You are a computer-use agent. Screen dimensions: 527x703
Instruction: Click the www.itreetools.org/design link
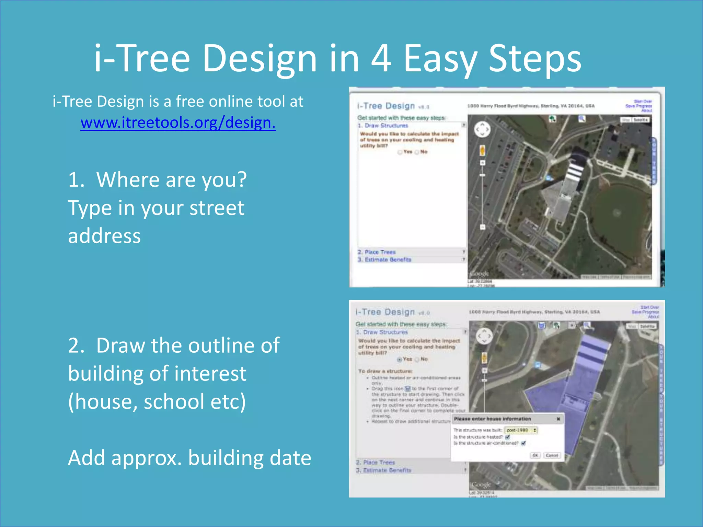[178, 122]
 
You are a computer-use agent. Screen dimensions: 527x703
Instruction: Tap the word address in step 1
[104, 236]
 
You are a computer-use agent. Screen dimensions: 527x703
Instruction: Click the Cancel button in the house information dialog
[552, 455]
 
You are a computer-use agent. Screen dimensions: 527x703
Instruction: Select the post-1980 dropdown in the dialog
[521, 430]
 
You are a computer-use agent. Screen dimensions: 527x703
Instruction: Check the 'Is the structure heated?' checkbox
[508, 437]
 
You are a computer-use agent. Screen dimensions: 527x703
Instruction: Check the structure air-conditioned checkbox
[523, 443]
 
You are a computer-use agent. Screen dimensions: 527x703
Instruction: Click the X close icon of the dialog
[558, 419]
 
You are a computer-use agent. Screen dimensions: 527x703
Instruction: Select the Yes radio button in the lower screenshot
[400, 360]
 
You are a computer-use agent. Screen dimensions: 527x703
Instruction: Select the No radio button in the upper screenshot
[417, 152]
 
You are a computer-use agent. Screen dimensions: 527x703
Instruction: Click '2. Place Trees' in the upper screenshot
[380, 252]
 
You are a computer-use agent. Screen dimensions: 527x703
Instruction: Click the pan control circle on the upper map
[482, 129]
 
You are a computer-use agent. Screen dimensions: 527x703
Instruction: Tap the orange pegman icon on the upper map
[482, 150]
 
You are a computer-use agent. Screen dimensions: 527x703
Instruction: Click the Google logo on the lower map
[481, 485]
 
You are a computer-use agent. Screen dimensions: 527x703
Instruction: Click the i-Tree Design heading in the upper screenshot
[386, 106]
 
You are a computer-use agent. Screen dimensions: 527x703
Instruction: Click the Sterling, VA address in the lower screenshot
[534, 312]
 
